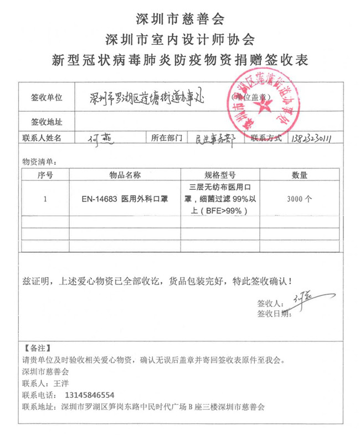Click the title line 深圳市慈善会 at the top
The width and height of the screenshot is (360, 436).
click(x=180, y=18)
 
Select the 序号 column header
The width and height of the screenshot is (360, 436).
click(x=45, y=175)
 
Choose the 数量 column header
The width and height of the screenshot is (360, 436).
click(x=300, y=175)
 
